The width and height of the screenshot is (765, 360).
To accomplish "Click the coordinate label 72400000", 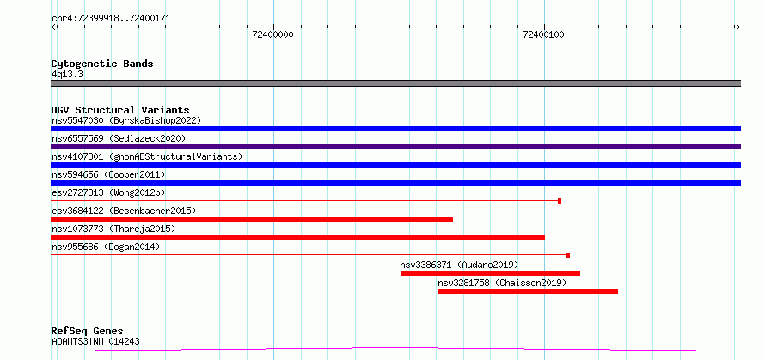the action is point(273,34).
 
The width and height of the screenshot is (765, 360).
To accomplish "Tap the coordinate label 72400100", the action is point(543,34).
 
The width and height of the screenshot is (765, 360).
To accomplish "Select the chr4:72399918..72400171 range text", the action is point(111,19).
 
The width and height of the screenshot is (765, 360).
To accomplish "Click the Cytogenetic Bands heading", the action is point(102,64).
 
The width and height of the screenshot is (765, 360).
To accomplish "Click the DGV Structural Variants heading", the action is point(120,110).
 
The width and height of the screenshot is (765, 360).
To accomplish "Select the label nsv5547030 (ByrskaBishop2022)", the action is point(126,120).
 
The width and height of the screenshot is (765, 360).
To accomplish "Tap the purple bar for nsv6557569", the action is point(395,147).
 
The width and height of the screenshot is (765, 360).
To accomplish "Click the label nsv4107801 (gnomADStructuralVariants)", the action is point(147,156).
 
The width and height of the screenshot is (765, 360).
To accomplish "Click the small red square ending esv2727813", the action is point(560,201).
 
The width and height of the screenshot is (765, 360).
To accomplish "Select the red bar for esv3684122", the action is point(252,219).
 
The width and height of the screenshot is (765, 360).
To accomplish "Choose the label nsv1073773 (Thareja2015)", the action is point(113,229).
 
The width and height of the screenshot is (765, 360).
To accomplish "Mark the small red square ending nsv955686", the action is point(568,255).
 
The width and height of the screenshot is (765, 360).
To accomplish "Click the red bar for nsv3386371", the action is point(490,273).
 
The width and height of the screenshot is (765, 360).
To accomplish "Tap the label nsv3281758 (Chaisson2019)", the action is point(502,283).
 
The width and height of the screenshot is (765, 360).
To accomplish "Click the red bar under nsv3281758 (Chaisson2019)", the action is point(528,291).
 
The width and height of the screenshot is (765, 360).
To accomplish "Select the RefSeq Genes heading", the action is point(87,331).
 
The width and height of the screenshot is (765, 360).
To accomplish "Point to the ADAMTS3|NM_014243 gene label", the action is point(95,341).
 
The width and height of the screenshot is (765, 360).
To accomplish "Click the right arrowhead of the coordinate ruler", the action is point(738,27).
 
